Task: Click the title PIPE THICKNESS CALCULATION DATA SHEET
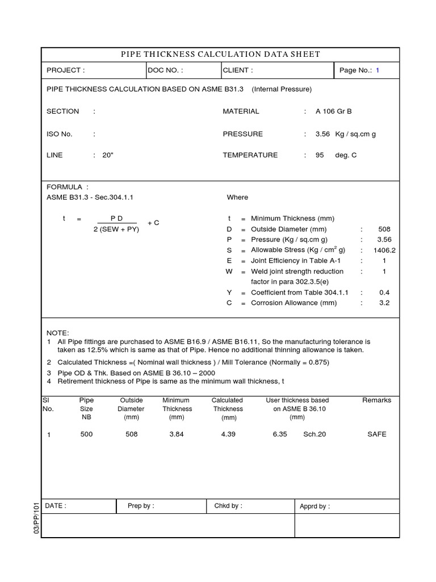click(x=220, y=55)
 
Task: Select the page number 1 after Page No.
click(x=377, y=70)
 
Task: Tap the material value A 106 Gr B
click(x=334, y=111)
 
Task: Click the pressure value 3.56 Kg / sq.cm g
click(x=345, y=134)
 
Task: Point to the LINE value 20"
click(x=108, y=155)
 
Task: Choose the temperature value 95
click(x=320, y=155)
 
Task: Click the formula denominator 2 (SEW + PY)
click(x=116, y=230)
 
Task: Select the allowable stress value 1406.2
click(x=384, y=250)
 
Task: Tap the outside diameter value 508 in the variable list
click(x=384, y=229)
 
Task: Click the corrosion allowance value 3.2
click(x=384, y=303)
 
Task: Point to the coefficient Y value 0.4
click(x=384, y=292)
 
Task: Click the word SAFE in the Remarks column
click(x=376, y=434)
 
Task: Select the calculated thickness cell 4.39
click(x=227, y=434)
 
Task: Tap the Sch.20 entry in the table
click(x=315, y=434)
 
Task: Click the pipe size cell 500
click(x=86, y=434)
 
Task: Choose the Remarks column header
click(x=376, y=401)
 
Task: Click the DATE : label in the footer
click(x=55, y=506)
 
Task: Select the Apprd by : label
click(x=315, y=506)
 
